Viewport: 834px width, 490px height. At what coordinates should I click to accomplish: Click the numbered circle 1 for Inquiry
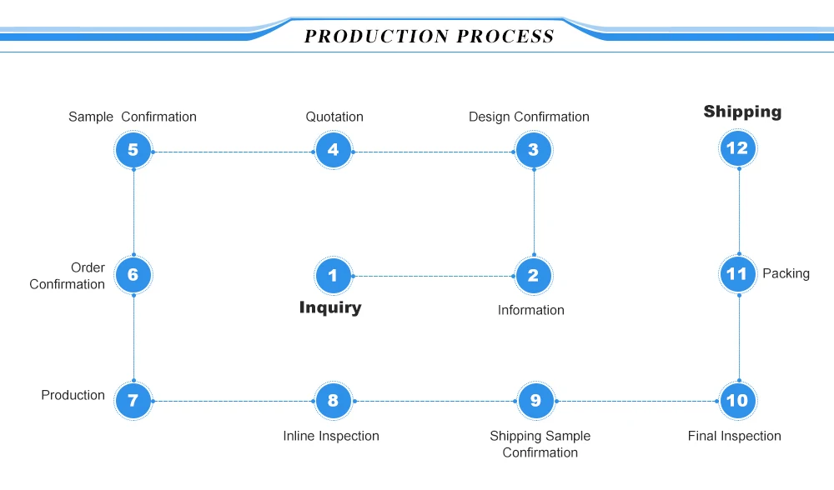[x=334, y=275]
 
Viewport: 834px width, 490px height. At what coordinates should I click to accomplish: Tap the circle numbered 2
[x=534, y=275]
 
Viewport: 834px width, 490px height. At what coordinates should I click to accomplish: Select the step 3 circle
[x=534, y=151]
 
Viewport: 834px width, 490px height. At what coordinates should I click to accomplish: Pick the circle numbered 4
[x=334, y=151]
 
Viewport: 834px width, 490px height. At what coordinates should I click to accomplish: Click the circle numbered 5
[x=133, y=151]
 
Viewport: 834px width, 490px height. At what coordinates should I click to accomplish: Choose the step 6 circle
[x=133, y=275]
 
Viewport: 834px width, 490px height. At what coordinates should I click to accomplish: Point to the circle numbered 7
[x=133, y=401]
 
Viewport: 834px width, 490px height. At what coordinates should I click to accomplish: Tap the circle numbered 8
[x=334, y=401]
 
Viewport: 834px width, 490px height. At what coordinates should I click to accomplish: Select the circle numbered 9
[x=535, y=401]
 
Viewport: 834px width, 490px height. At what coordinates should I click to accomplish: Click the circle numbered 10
[x=737, y=401]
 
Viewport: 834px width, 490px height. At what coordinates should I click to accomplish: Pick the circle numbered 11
[x=737, y=274]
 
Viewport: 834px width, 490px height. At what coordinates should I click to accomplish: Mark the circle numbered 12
[x=737, y=148]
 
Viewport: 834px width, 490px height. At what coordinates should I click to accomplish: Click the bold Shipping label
[x=742, y=112]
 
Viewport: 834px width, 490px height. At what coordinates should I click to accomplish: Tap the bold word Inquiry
[x=330, y=307]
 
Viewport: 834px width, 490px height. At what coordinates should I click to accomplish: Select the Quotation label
[x=334, y=117]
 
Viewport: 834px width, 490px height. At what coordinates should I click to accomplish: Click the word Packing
[x=786, y=273]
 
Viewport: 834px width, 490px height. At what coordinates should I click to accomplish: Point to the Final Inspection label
[x=734, y=436]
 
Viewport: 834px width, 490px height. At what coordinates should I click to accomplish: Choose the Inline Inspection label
[x=331, y=436]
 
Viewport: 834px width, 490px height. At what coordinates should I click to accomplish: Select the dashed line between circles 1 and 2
[x=434, y=276]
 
